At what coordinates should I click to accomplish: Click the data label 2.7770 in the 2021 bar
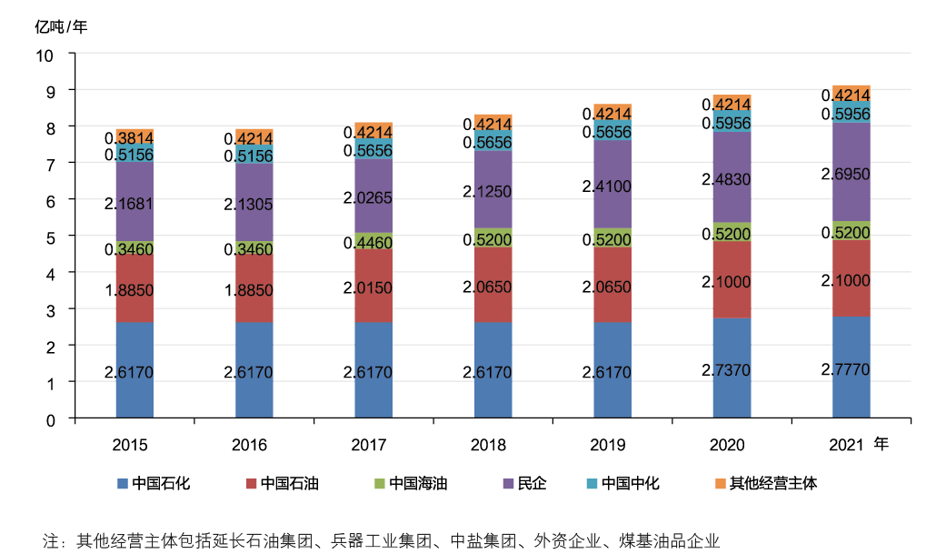(851, 368)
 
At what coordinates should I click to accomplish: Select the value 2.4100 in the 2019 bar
(612, 186)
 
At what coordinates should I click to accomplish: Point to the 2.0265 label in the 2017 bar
(373, 197)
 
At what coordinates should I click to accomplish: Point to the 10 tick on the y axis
(45, 55)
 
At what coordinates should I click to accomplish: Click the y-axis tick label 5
(50, 237)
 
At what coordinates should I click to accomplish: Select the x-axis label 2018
(488, 445)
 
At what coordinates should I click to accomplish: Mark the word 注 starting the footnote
(51, 539)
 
